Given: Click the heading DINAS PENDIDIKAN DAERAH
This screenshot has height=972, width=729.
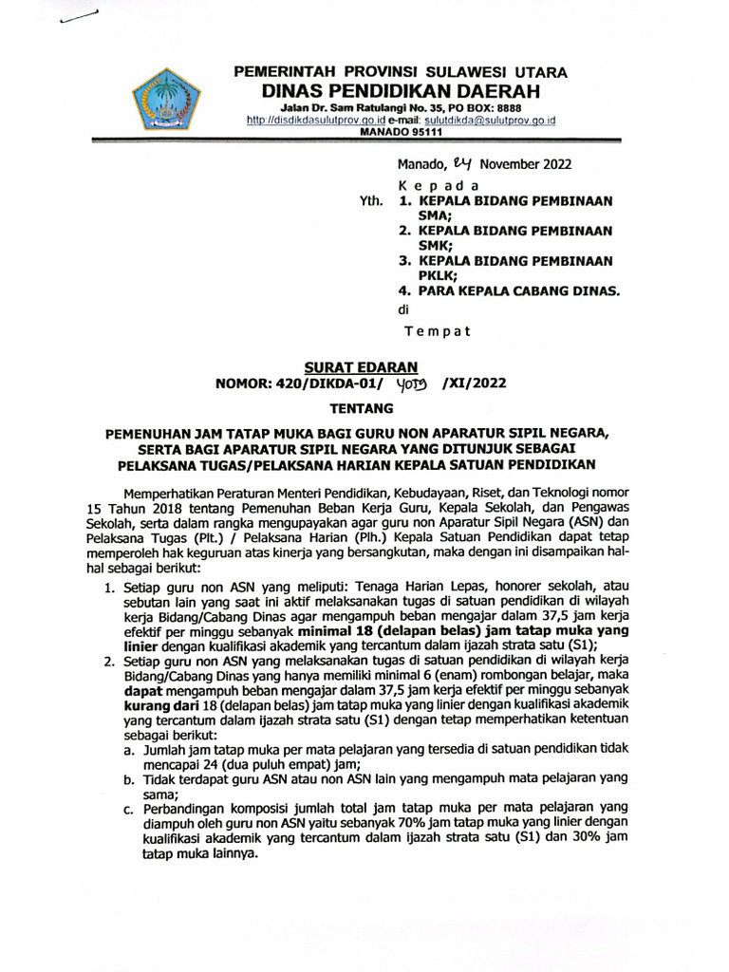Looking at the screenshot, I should click(x=400, y=91).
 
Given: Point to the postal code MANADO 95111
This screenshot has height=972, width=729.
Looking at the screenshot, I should click(x=400, y=133).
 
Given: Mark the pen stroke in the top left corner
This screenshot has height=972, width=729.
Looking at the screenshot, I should click(x=78, y=23).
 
